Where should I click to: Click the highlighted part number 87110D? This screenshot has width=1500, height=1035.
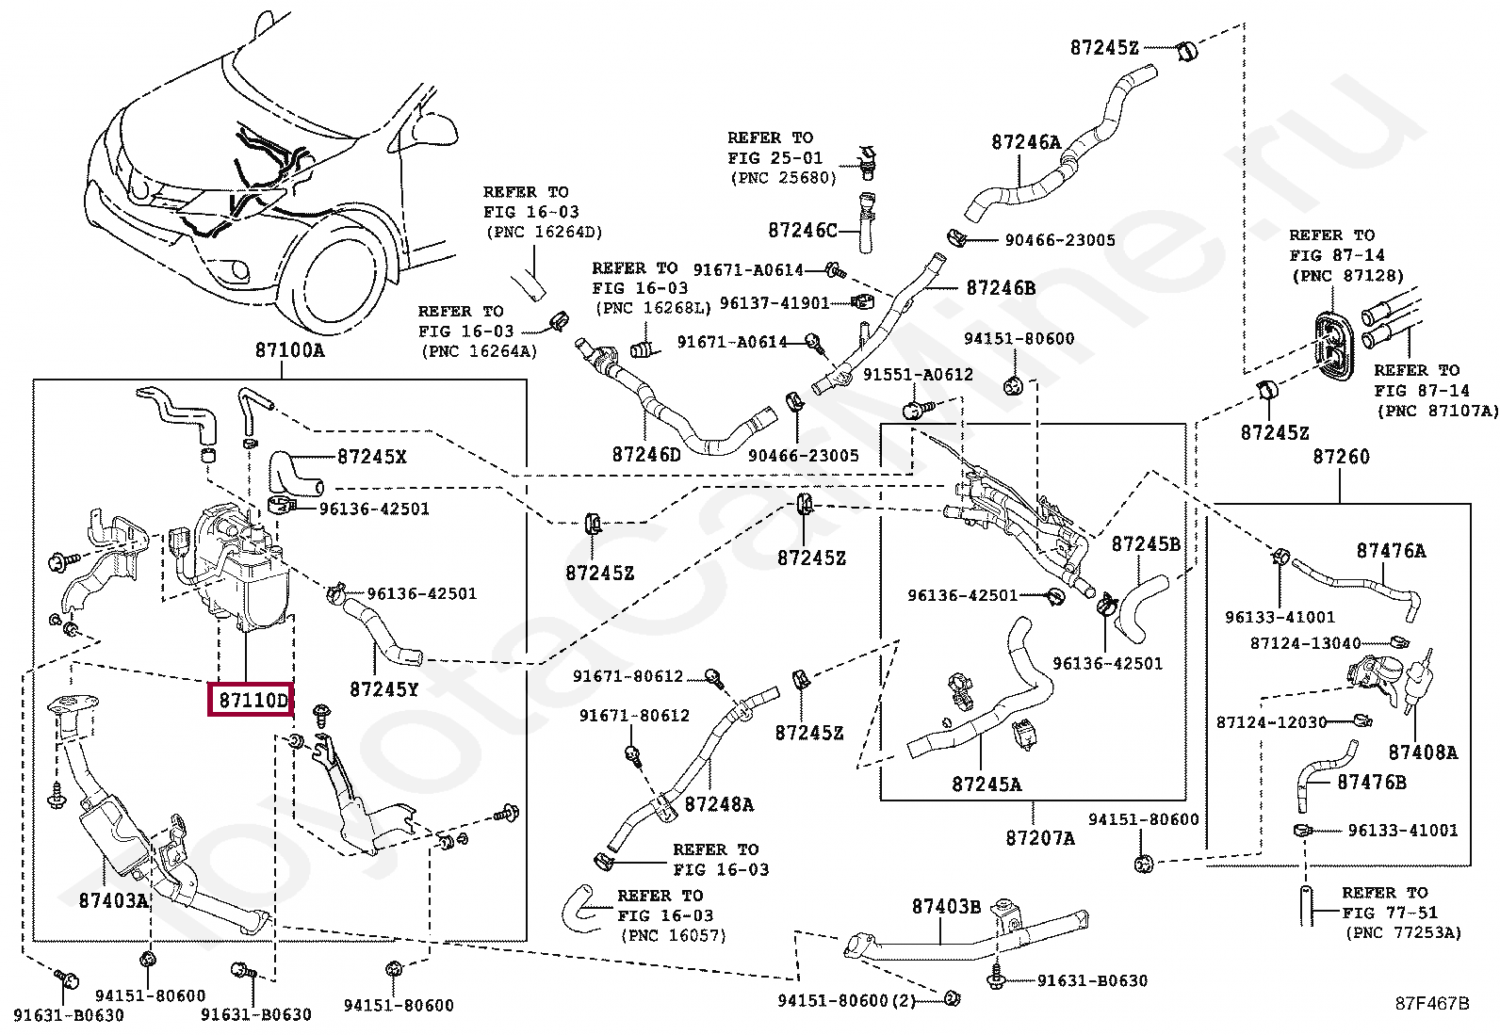(251, 701)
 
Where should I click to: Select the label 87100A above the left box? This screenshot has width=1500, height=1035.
(289, 350)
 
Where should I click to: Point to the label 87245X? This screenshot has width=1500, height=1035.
(371, 457)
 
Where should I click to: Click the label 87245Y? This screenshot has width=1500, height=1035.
(383, 688)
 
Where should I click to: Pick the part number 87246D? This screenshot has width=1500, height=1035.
(646, 454)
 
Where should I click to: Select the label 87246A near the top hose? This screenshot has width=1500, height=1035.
(1025, 142)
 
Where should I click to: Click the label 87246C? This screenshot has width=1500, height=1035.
(803, 230)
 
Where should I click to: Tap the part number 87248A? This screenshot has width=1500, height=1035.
(719, 804)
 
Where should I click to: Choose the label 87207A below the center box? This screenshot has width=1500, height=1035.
(1040, 837)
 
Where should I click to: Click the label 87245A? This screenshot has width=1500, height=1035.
(986, 784)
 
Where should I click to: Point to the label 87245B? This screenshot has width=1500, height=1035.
(1146, 543)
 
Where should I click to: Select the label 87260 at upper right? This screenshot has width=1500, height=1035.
(1341, 457)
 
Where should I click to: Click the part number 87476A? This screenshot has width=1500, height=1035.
(1391, 550)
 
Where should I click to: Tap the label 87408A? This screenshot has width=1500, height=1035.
(1423, 752)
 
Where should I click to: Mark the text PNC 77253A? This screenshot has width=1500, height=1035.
(1403, 932)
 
